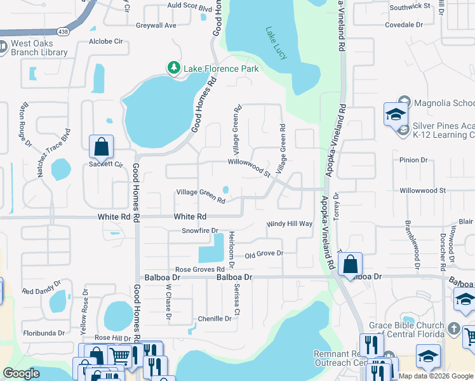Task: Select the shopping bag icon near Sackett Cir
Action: tap(101, 147)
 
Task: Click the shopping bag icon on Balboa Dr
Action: tap(350, 264)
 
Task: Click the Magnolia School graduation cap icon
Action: tap(395, 115)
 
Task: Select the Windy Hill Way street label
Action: tap(290, 224)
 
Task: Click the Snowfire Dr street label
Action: tap(200, 231)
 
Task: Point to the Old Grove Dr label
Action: tap(264, 254)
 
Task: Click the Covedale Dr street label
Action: tap(404, 25)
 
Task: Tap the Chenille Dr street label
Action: tap(215, 319)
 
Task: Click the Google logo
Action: tap(22, 373)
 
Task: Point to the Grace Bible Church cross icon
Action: tap(453, 328)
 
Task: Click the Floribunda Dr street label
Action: tap(44, 332)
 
